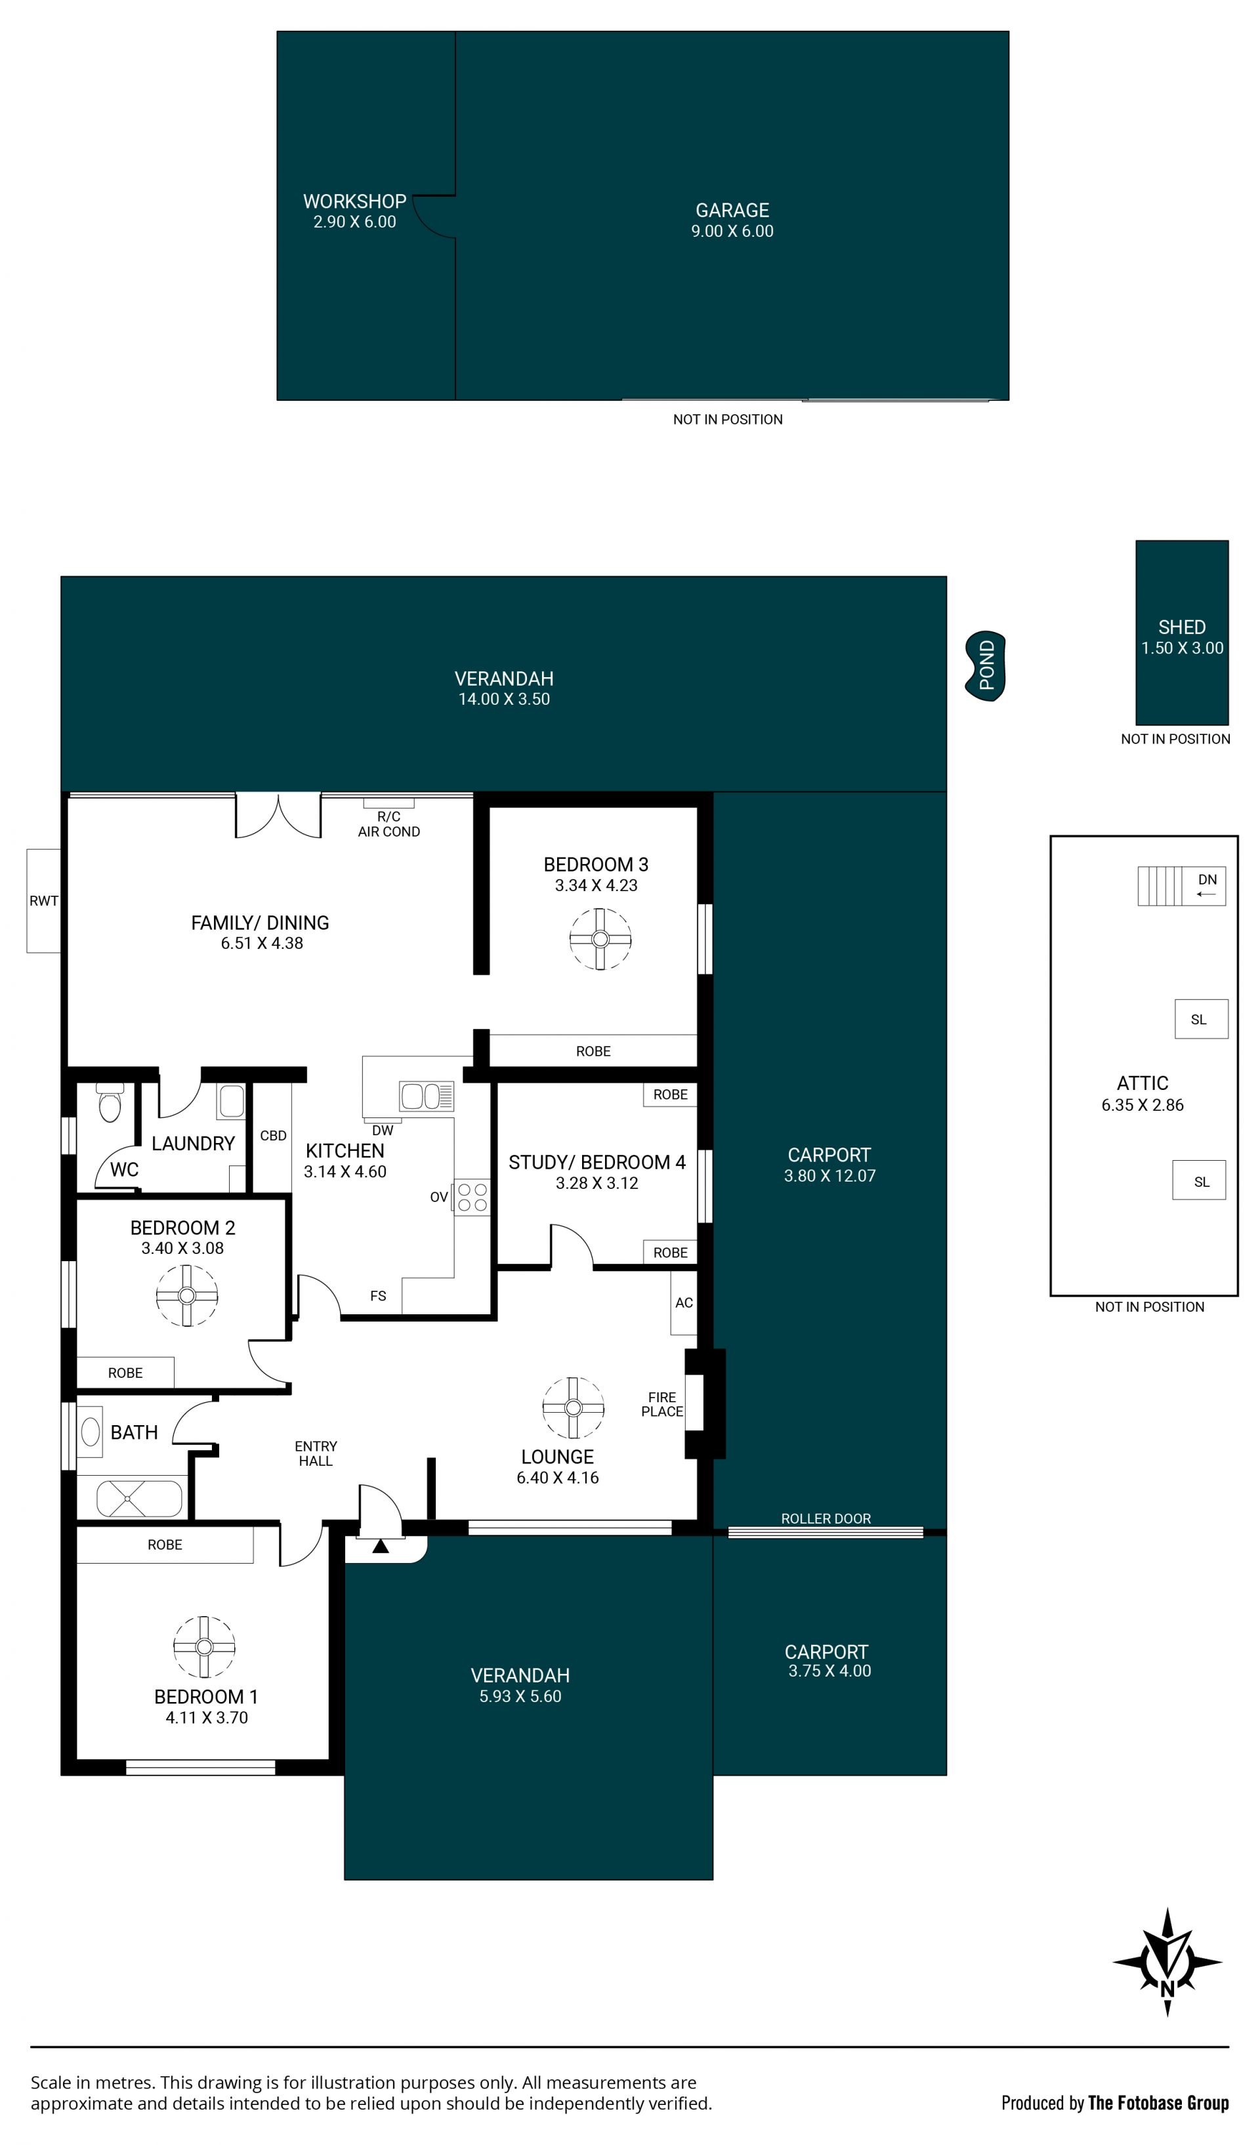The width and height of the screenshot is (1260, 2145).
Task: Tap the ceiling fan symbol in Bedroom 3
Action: point(600,939)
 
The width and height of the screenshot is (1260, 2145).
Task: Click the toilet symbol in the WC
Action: point(110,1103)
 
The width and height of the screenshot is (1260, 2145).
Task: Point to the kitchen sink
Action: point(427,1096)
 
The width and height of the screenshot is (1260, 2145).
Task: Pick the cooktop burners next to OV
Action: point(472,1197)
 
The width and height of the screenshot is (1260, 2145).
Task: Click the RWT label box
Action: point(43,900)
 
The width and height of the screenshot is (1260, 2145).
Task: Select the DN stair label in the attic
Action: point(1207,879)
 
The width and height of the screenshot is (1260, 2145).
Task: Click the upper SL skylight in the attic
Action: point(1201,1019)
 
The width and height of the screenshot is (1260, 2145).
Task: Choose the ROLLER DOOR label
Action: point(826,1518)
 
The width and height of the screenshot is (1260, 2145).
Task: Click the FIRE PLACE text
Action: point(662,1404)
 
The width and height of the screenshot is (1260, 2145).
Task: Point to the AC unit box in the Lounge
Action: point(684,1302)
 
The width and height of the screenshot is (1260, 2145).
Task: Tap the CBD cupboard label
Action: point(273,1135)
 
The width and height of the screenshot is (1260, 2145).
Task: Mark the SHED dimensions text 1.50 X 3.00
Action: point(1182,648)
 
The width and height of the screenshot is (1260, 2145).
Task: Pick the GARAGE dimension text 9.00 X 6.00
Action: point(732,232)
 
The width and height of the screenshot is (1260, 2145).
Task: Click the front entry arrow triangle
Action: point(381,1546)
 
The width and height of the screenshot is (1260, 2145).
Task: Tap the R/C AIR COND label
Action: point(389,824)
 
